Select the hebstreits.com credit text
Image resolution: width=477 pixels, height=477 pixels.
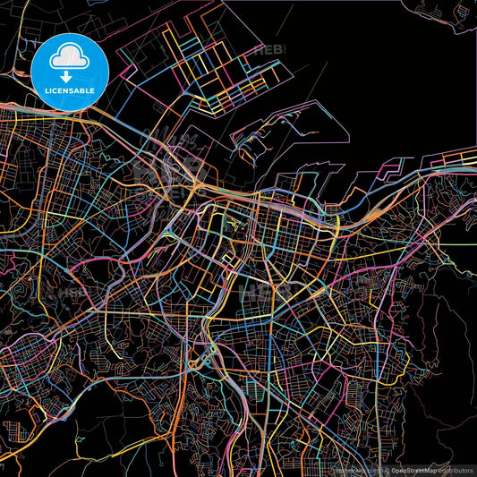pyautogui.click(x=356, y=471)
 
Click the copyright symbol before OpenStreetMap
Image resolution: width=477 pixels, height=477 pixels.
pyautogui.click(x=387, y=471)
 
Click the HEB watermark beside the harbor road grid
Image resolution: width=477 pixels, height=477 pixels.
pyautogui.click(x=268, y=51)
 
